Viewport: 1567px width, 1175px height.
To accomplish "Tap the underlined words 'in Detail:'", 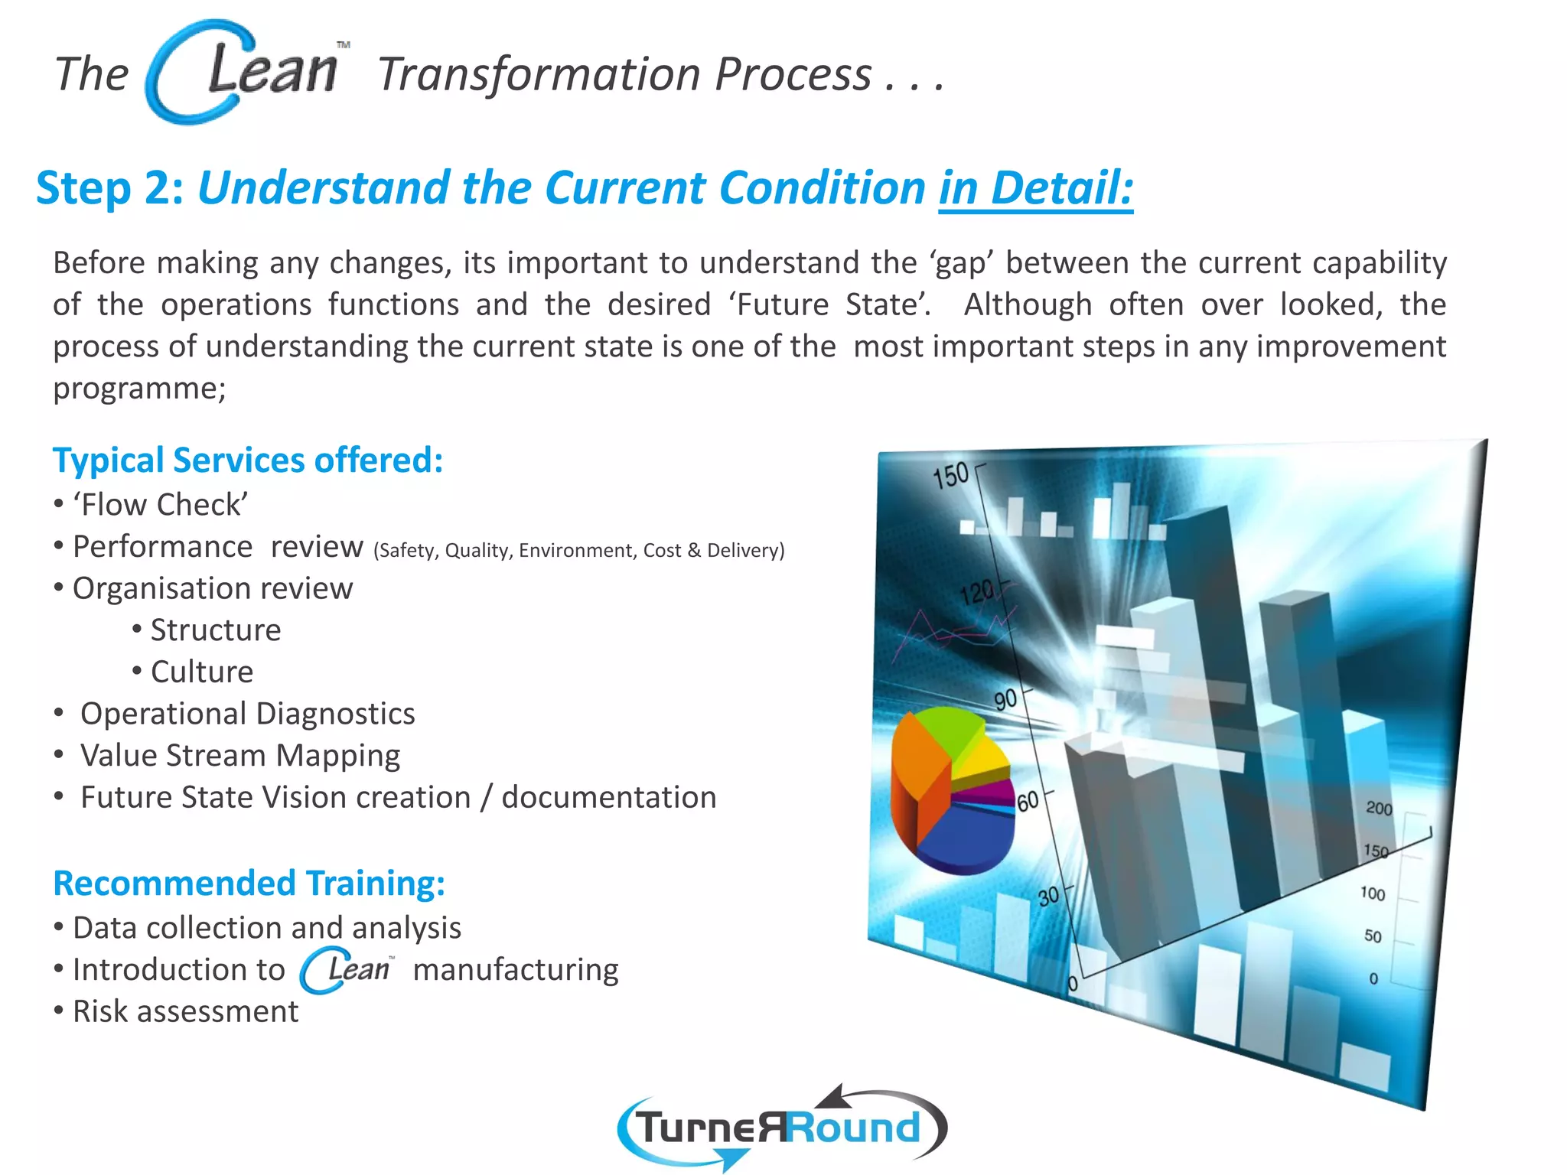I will [x=1035, y=188].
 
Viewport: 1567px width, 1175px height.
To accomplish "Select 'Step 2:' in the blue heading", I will [x=109, y=188].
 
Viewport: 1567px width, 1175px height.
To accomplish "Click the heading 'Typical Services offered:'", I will [x=247, y=461].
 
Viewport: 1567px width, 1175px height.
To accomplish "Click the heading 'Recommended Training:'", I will [x=249, y=884].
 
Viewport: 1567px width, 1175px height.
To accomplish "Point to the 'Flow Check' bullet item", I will [x=160, y=505].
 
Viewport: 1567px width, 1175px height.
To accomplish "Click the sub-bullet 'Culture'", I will [x=201, y=672].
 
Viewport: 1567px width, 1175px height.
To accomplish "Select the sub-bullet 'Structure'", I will [x=215, y=630].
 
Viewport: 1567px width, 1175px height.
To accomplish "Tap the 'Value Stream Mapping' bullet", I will [x=240, y=756].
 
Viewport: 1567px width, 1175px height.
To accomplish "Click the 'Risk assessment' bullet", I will [x=185, y=1011].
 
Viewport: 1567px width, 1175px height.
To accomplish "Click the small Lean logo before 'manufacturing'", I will [x=347, y=970].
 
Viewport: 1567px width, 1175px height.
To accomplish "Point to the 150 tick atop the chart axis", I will [x=950, y=475].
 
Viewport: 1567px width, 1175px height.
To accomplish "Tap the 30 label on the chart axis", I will [x=1048, y=896].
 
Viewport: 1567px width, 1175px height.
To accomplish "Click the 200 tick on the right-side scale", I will [x=1379, y=809].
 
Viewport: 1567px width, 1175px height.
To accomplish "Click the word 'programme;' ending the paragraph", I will [x=139, y=389].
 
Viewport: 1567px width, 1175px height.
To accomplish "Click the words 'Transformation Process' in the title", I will [x=624, y=75].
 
